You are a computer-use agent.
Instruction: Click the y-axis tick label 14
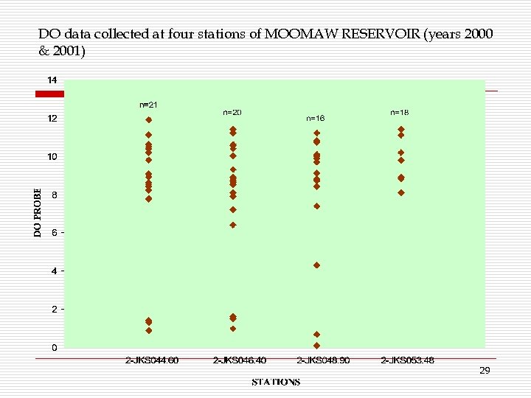52,79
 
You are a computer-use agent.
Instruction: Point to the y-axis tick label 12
52,118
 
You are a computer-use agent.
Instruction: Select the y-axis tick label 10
52,156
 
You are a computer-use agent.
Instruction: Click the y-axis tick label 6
52,232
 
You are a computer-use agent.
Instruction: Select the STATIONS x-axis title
276,382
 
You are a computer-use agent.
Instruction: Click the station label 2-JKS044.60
152,360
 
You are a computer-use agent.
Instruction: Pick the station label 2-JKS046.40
239,360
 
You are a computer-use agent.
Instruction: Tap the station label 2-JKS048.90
323,360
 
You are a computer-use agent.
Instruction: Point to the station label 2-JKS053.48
407,360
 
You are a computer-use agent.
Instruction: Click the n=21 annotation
148,105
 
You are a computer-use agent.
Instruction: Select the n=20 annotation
232,112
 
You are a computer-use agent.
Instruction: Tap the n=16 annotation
315,118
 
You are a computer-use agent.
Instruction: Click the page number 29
485,371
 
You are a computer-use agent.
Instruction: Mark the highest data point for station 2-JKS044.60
149,119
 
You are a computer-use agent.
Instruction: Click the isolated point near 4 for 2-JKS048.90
316,265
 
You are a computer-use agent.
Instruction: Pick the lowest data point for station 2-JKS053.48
401,192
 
